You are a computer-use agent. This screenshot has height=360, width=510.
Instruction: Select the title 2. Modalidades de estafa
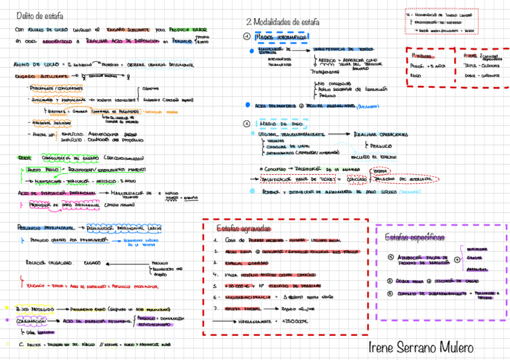point(283,22)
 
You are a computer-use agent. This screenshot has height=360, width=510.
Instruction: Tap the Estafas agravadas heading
point(243,228)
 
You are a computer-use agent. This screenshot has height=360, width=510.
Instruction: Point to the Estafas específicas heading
point(414,237)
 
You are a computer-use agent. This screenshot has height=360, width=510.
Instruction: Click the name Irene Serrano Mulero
point(420,347)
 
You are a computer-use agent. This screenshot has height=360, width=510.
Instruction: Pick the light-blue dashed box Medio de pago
point(283,123)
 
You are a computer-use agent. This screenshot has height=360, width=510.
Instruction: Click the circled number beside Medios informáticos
point(247,37)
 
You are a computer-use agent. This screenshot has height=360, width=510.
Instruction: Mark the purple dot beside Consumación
point(8,321)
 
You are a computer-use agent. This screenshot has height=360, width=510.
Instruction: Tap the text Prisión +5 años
point(429,66)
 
